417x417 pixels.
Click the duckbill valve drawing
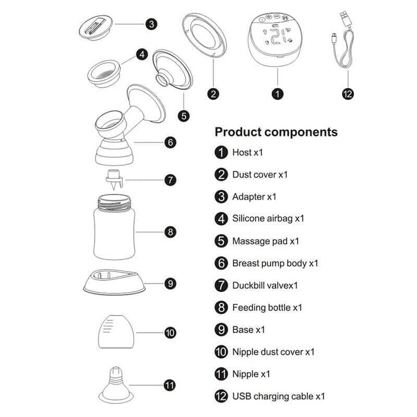pos(114,179)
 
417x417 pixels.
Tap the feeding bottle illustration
pos(114,227)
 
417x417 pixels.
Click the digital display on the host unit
pos(277,36)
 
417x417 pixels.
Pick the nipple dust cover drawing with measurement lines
pos(116,332)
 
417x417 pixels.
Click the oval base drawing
pos(114,283)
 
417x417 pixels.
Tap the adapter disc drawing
pos(96,27)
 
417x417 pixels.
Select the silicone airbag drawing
pos(104,73)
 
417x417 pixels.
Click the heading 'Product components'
pos(276,132)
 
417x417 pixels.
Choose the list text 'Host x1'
pos(248,152)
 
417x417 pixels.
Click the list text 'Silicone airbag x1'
pos(268,218)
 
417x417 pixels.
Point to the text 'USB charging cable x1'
pos(278,396)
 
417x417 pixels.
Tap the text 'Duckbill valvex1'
pos(265,285)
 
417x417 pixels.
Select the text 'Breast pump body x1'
pos(275,263)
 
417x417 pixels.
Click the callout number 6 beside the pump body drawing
pos(170,142)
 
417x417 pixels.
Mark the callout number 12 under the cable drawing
pos(348,94)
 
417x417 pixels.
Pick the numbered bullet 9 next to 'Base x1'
pos(221,330)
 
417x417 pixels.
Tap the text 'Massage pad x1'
pos(266,241)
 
